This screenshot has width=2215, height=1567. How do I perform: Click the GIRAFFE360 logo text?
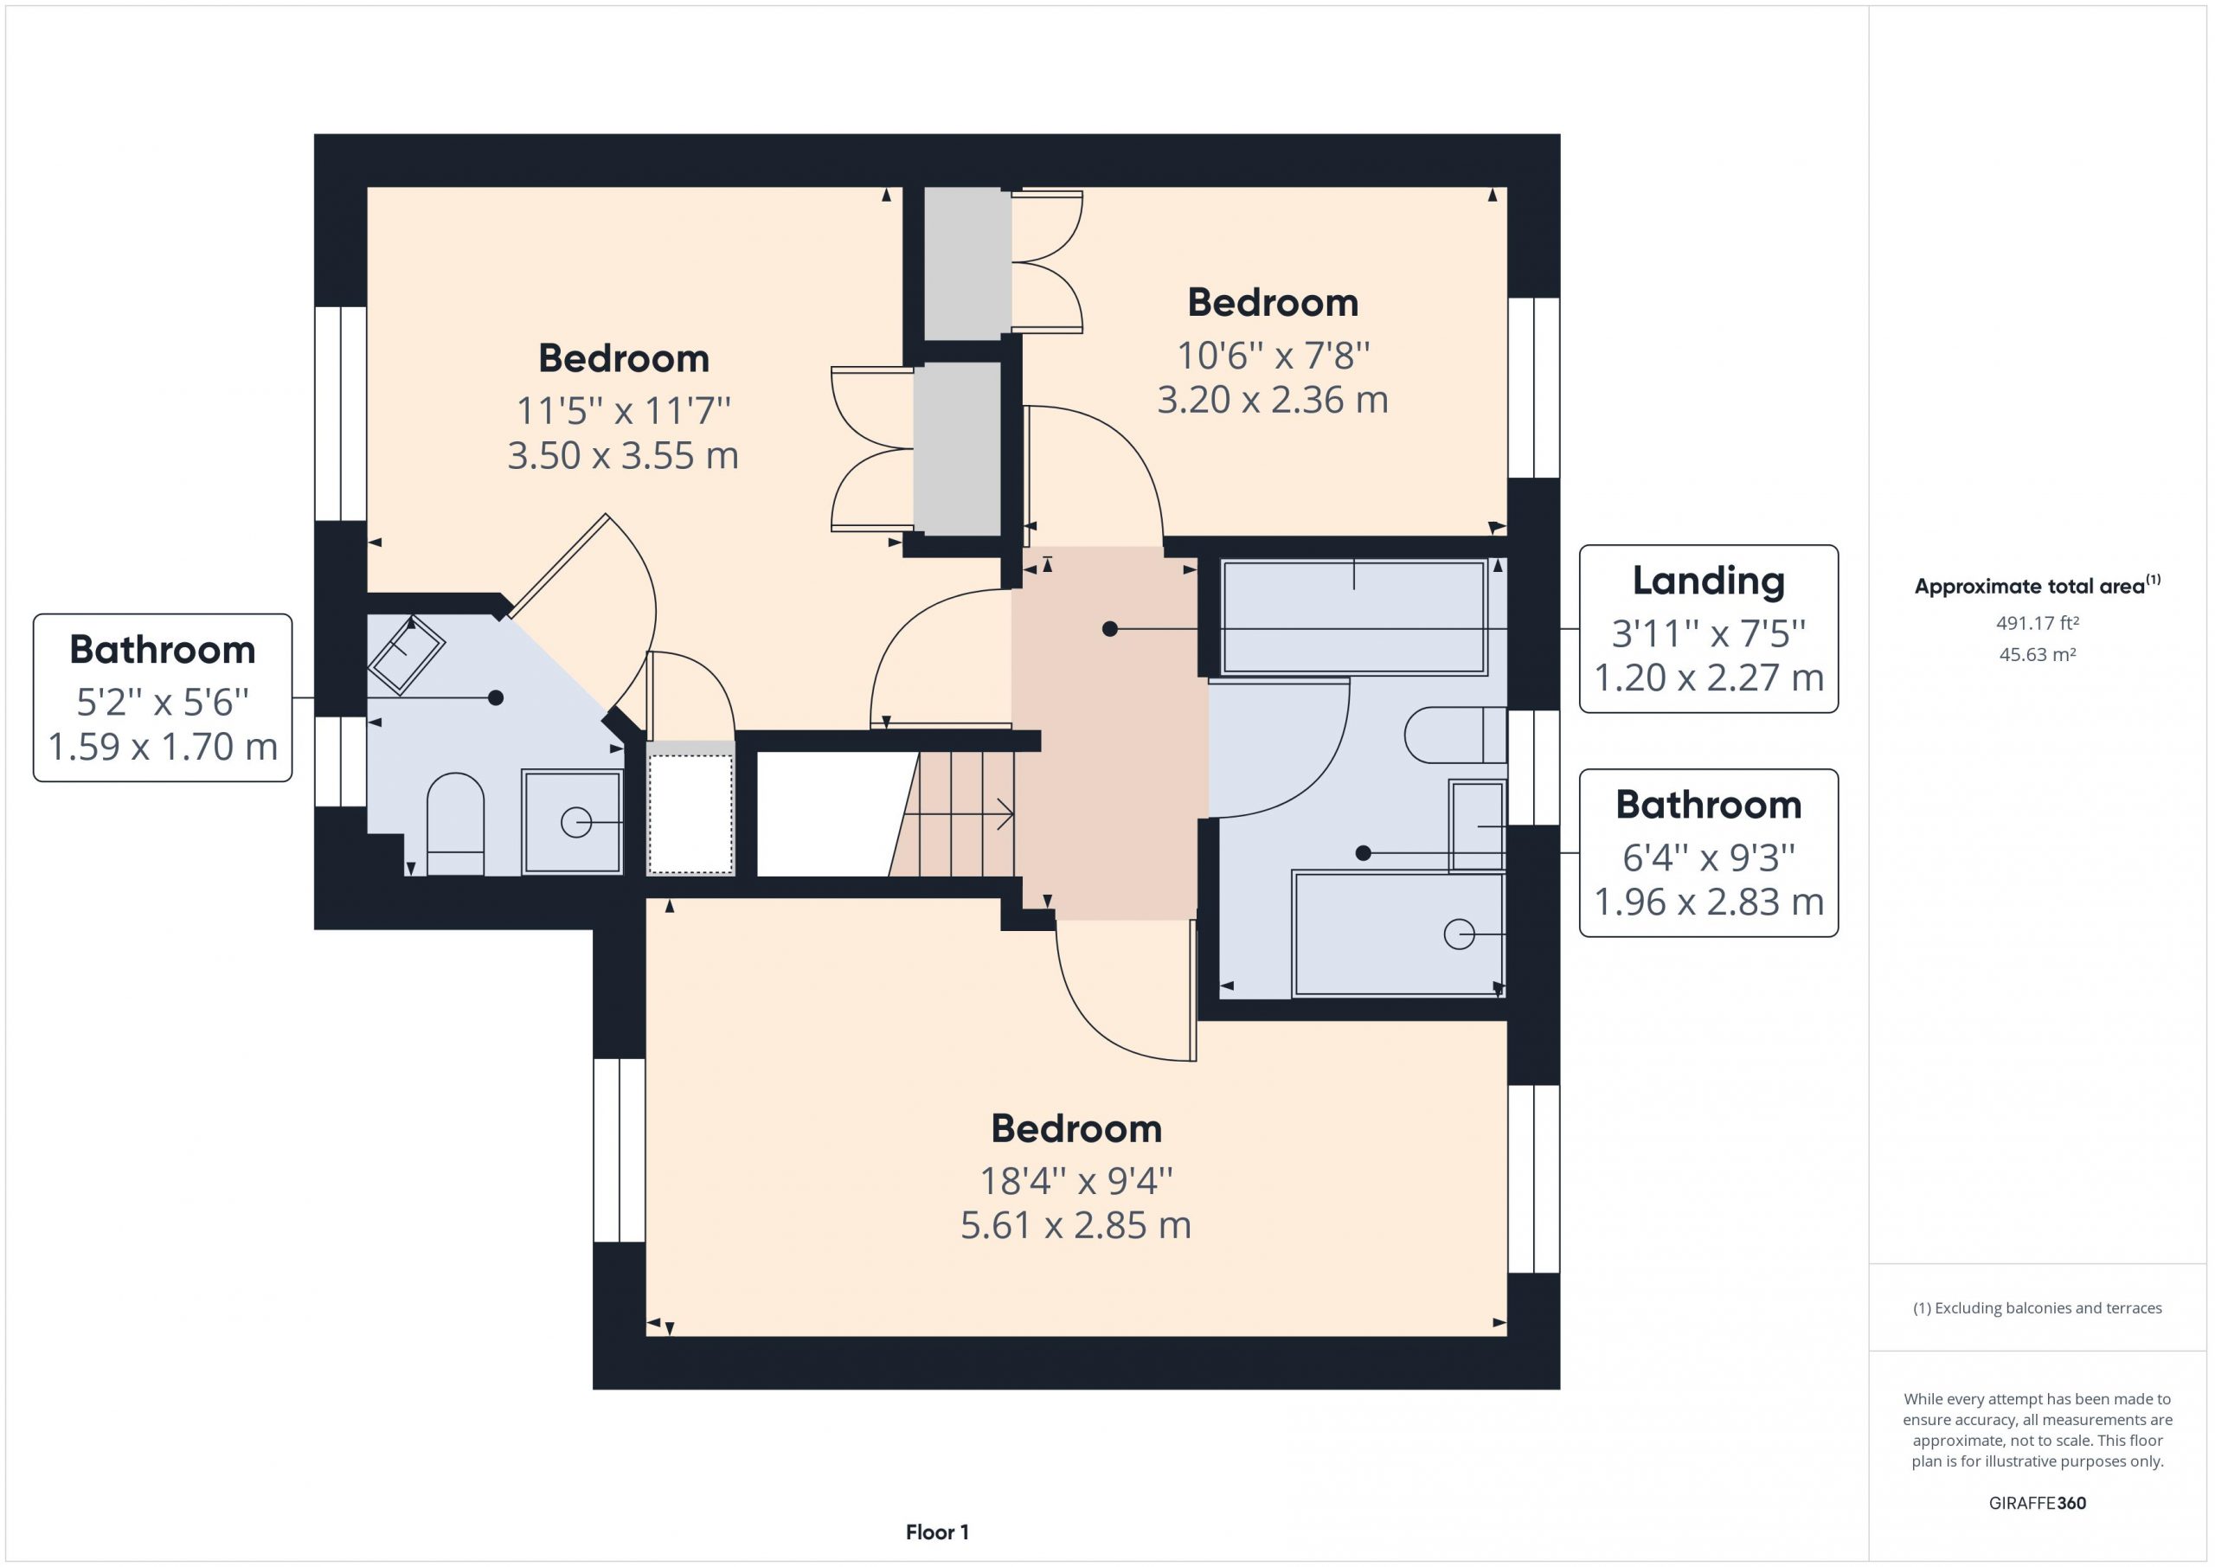2037,1502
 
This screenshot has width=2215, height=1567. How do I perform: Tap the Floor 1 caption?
937,1532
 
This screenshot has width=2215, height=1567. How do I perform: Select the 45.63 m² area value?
2037,654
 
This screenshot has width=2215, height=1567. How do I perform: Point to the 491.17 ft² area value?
2037,623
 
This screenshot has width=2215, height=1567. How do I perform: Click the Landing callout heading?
1708,581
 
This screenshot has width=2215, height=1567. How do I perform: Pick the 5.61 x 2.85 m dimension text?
1075,1224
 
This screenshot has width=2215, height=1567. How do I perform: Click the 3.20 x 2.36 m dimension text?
1273,400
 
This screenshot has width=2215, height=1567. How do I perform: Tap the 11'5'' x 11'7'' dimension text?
623,410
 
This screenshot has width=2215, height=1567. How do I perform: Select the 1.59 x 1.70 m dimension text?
162,746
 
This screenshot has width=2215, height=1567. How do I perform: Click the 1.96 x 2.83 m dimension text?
1708,902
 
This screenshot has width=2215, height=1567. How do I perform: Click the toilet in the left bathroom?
455,824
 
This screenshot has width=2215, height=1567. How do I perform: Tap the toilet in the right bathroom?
1454,735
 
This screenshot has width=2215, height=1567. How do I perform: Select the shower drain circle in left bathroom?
576,822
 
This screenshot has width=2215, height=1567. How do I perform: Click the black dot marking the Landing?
1109,629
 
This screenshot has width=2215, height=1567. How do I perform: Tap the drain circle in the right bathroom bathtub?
1459,934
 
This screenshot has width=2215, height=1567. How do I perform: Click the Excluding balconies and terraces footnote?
2037,1307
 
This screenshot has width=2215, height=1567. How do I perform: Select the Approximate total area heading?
2037,585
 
